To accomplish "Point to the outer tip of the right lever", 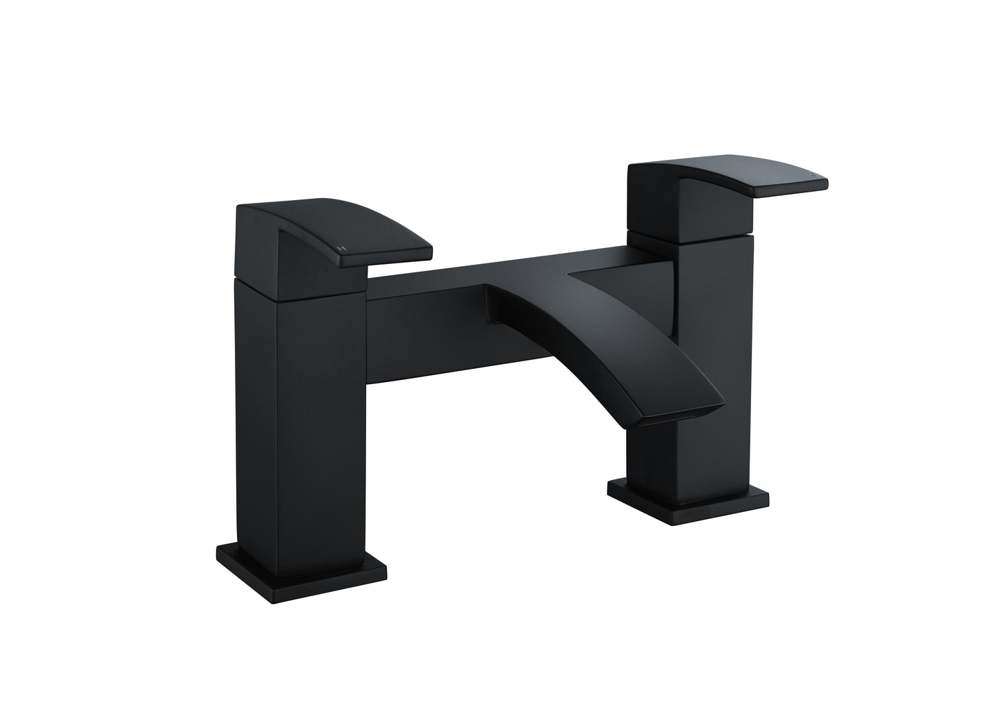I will click(823, 182).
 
